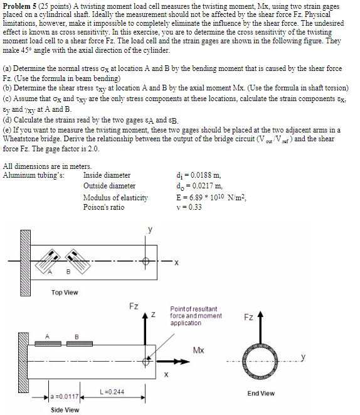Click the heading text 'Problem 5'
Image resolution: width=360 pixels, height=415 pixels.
click(21, 6)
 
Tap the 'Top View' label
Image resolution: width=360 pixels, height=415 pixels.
click(65, 292)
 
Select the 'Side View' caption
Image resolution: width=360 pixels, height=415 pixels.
click(65, 409)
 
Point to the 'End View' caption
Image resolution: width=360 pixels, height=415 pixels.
click(261, 393)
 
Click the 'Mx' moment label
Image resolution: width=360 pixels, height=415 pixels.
click(199, 349)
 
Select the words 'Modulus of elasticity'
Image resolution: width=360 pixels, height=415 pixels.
click(116, 197)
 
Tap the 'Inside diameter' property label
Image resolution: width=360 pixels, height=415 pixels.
click(107, 175)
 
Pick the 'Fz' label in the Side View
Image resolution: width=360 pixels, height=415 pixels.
click(134, 306)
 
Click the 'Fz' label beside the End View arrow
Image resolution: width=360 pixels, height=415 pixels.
click(248, 318)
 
